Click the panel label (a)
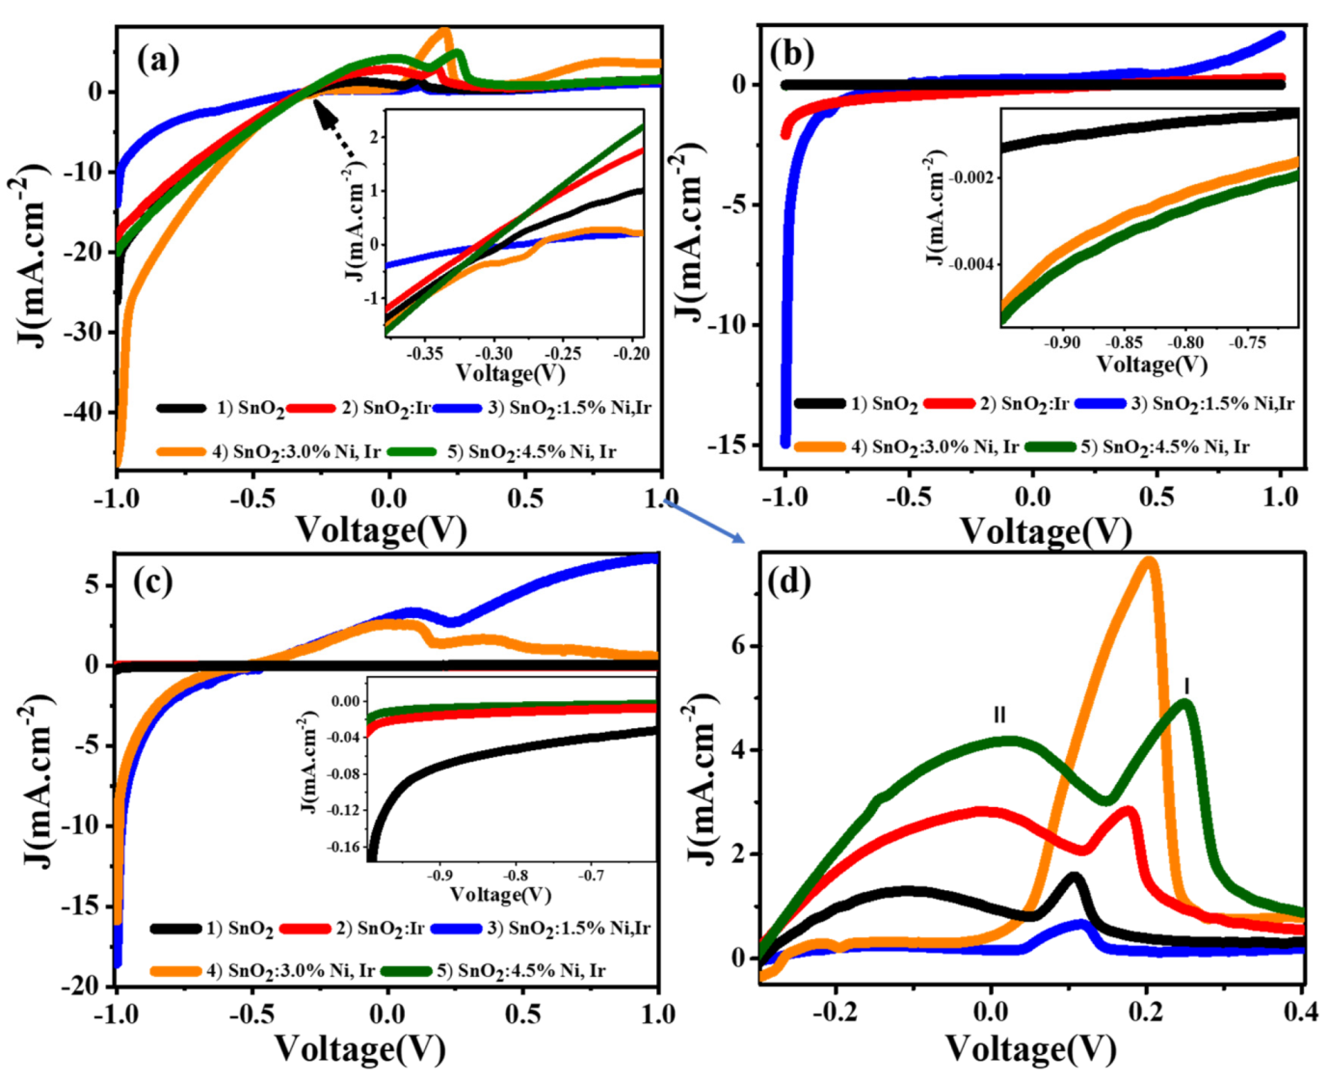(158, 60)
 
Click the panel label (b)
(792, 53)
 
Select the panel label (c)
(153, 581)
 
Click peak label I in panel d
(1186, 686)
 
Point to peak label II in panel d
(999, 715)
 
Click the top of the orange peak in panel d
(1148, 561)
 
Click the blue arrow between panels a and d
(704, 521)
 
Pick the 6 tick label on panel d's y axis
(739, 646)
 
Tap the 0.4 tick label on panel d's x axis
(1301, 1013)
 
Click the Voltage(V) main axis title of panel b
(1045, 530)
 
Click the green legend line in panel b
(1050, 446)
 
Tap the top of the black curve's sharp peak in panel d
(1074, 877)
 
